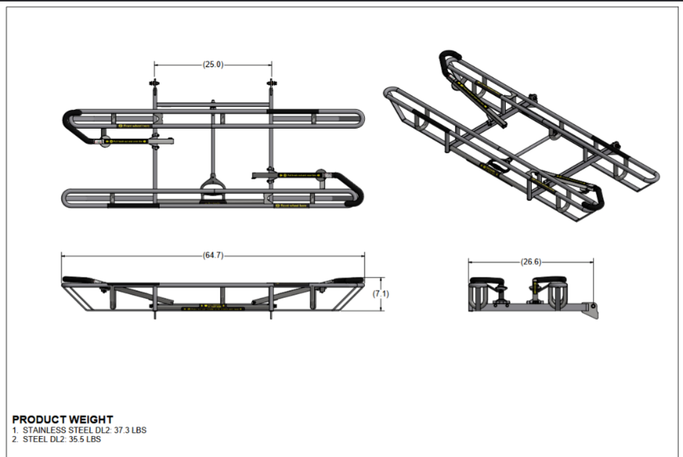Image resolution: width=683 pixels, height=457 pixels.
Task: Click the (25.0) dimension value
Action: [213, 64]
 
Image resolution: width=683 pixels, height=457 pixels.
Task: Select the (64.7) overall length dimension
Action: [213, 255]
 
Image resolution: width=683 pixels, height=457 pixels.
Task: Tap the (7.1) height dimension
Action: [381, 294]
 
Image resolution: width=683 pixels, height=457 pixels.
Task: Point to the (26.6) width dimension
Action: [531, 262]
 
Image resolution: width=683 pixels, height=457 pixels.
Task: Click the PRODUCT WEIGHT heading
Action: [63, 419]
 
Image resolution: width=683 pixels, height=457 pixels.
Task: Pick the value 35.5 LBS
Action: [85, 439]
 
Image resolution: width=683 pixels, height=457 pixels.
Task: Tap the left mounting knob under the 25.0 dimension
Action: [154, 86]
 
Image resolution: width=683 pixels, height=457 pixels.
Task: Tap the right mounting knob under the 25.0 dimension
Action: [272, 86]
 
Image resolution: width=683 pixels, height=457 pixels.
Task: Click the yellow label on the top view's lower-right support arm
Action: [288, 174]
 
